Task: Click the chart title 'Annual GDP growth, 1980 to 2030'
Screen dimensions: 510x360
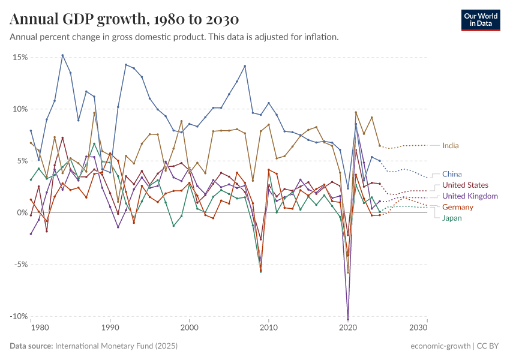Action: click(124, 19)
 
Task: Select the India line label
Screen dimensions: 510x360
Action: click(451, 145)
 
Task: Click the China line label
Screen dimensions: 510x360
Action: click(452, 174)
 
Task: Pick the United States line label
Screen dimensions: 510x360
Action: click(465, 185)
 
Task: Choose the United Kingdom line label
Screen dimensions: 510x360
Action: click(470, 196)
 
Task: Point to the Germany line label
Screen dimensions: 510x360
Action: click(458, 207)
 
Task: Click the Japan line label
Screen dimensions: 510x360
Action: click(452, 218)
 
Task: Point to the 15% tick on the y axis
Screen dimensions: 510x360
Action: click(20, 57)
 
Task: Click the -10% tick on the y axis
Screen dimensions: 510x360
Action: click(18, 316)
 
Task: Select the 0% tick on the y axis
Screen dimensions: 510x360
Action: click(22, 212)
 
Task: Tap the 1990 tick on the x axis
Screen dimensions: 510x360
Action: click(110, 328)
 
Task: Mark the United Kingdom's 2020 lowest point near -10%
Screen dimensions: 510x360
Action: click(348, 319)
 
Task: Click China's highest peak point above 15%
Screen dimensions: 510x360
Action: click(62, 55)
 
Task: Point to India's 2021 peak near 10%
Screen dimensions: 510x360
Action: click(356, 112)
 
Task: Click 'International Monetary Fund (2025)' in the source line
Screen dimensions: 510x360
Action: click(116, 346)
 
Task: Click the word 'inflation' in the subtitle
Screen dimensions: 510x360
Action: click(321, 37)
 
